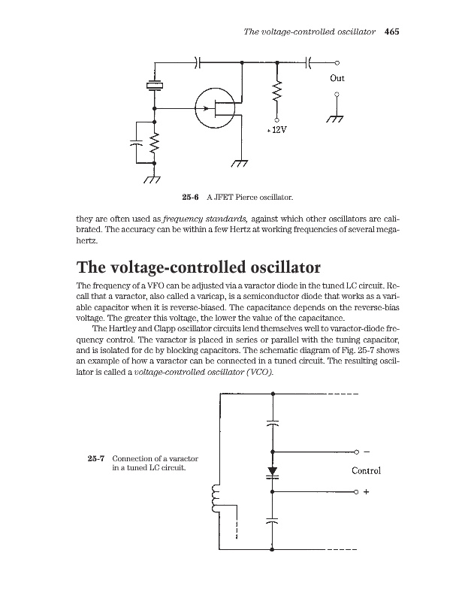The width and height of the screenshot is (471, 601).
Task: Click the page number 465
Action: click(391, 32)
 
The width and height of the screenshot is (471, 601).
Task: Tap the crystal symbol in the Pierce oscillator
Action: click(154, 86)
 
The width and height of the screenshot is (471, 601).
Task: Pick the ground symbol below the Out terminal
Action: click(337, 119)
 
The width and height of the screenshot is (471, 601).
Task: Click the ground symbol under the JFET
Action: click(240, 165)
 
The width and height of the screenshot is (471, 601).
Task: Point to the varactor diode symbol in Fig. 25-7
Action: click(272, 472)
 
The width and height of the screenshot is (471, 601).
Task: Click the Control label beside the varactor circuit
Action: click(367, 471)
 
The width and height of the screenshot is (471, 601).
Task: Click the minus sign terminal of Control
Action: click(366, 452)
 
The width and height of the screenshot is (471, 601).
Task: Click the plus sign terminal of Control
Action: click(366, 492)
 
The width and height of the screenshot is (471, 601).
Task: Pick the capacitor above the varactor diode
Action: click(272, 422)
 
